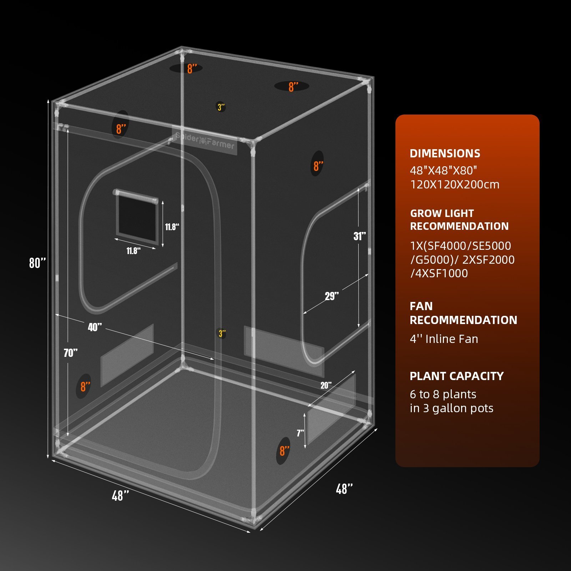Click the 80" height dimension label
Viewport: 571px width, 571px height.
(37, 263)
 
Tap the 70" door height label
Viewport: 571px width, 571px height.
(71, 353)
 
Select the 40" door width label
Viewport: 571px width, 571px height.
(95, 327)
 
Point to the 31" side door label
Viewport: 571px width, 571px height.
(359, 236)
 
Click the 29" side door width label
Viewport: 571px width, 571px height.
(332, 296)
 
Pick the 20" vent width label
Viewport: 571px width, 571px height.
(326, 385)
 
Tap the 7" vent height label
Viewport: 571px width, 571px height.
(300, 433)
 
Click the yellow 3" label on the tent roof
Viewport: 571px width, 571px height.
(221, 107)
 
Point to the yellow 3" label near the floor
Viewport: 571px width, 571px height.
(222, 334)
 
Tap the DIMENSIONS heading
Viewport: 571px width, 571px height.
(445, 153)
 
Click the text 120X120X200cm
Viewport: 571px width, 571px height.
(455, 185)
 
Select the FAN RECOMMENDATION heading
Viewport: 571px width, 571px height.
(463, 313)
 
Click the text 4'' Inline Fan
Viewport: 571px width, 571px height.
(444, 339)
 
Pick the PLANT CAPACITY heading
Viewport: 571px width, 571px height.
(456, 376)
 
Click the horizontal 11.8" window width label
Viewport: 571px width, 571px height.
(133, 251)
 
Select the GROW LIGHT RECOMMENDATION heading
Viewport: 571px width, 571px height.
(459, 219)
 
